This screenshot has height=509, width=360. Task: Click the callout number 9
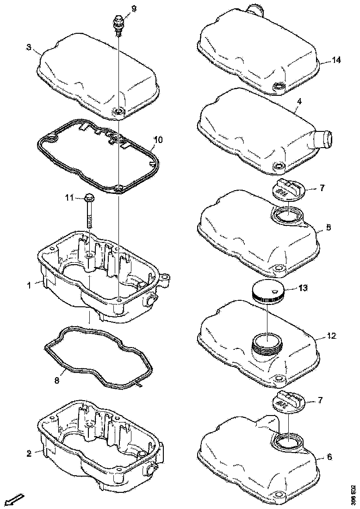coord(121,9)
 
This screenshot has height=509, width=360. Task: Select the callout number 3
coord(29,47)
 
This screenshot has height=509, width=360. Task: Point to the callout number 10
coord(158,139)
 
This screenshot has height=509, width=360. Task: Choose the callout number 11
coord(69,198)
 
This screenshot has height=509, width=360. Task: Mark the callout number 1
coord(28,286)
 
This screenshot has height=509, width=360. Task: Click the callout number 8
coord(56,380)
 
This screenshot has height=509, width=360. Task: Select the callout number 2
coord(29,453)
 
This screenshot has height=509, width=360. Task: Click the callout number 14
coord(336,61)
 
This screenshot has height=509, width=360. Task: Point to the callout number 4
coord(299,100)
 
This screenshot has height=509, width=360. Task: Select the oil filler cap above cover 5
coord(288,189)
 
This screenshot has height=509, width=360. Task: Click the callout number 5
coord(328,228)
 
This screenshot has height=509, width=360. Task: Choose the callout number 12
coord(331,335)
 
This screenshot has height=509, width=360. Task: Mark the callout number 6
coord(329,457)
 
